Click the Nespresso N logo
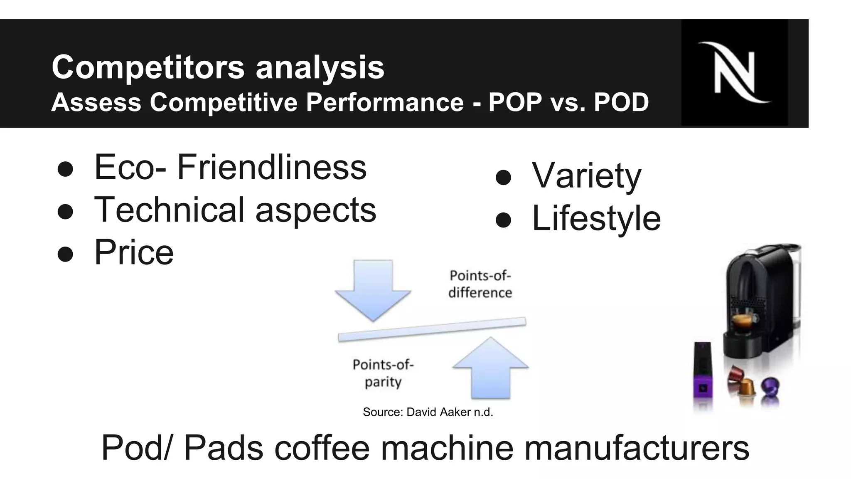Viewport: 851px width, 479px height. coord(734,72)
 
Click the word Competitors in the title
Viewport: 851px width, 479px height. coord(148,67)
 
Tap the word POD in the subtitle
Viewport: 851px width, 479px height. coord(621,102)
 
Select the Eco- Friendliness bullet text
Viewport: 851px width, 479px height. coord(230,167)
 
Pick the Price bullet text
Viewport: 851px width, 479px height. coord(134,252)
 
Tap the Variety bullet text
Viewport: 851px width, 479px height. coord(586,176)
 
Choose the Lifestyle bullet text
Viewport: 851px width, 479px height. coord(596,218)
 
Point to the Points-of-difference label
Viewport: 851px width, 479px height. coord(480,284)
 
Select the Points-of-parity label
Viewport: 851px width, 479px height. coord(383,373)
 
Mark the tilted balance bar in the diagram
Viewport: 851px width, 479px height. coord(432,329)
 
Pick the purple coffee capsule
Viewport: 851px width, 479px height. coord(770,387)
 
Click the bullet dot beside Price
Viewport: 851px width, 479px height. coord(66,254)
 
